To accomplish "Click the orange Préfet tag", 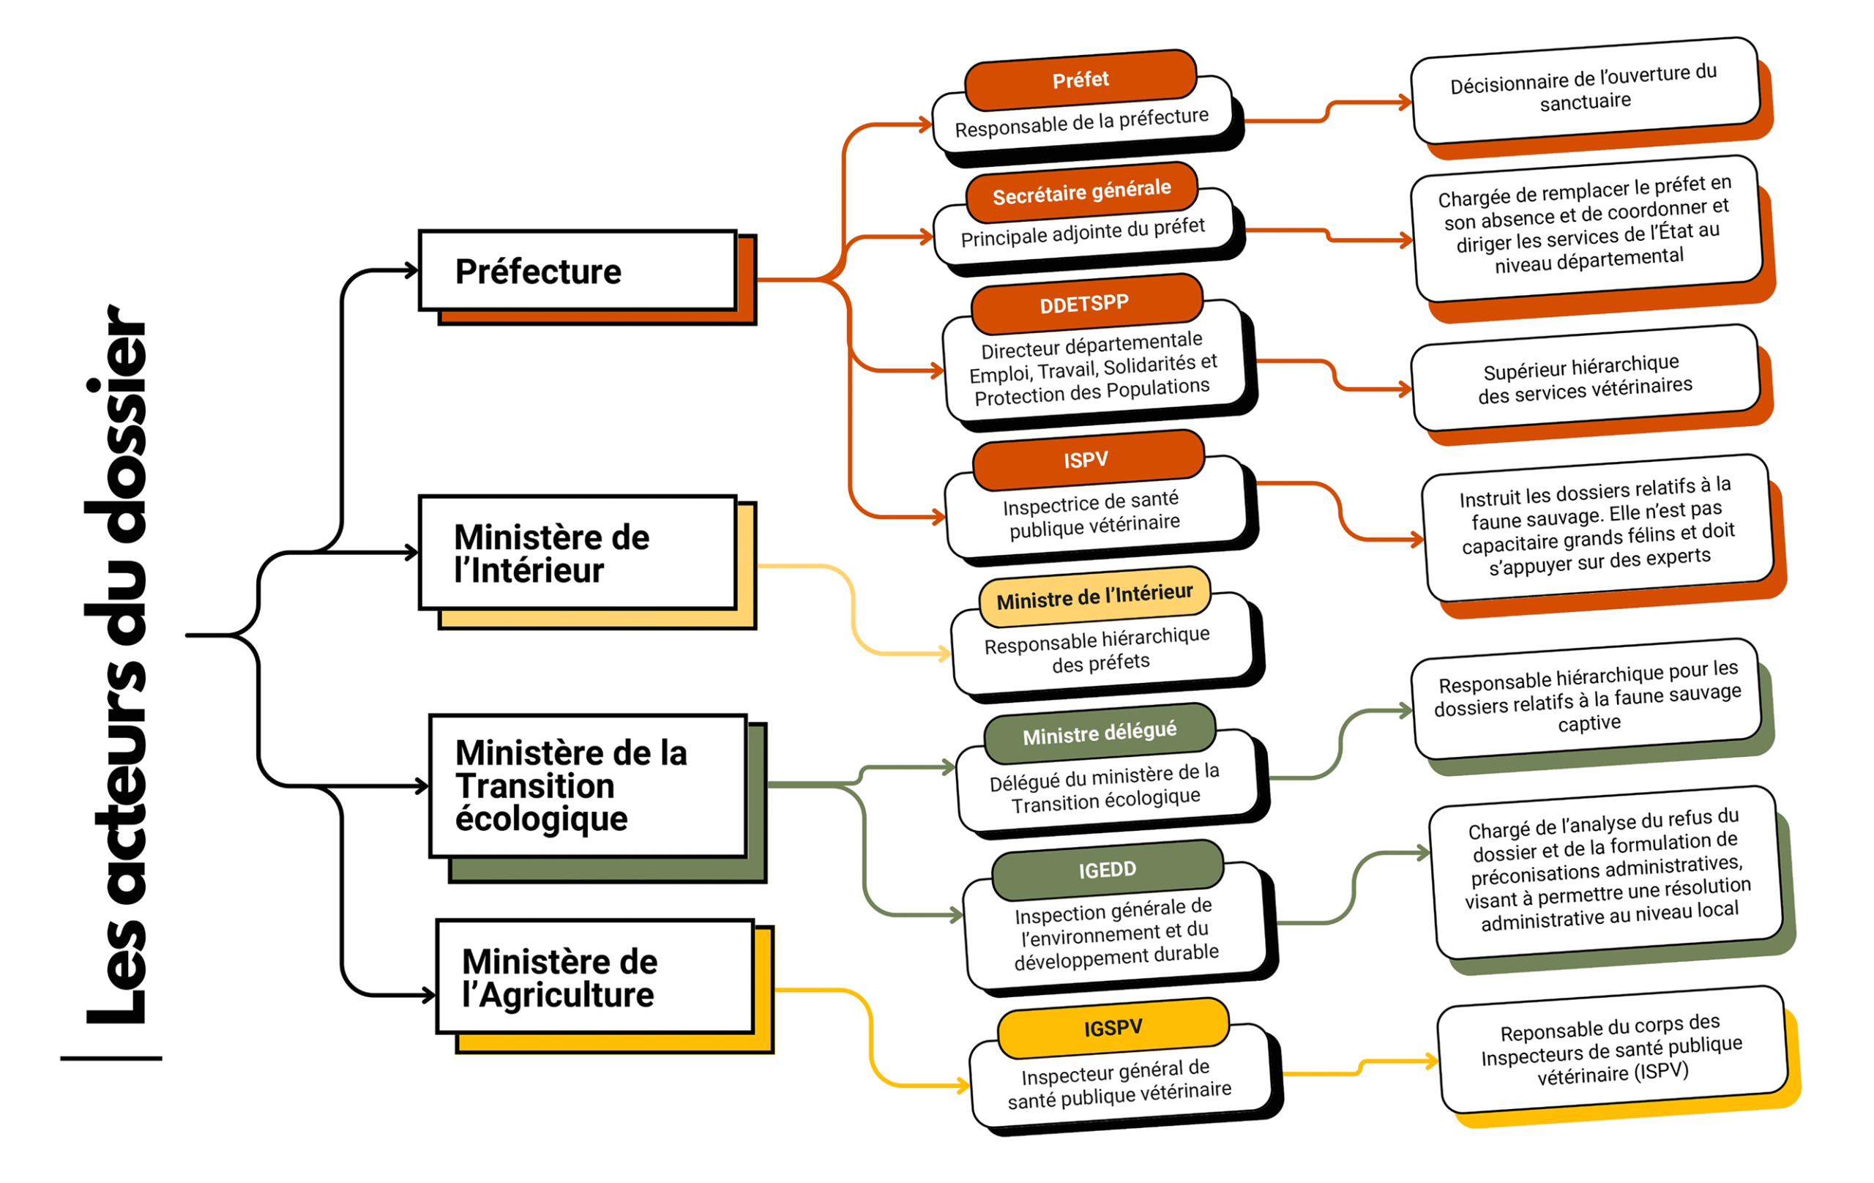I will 1080,79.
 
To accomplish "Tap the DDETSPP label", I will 1085,304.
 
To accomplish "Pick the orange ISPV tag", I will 1086,460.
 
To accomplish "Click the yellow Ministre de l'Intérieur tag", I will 1094,597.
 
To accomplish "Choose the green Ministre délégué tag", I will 1099,733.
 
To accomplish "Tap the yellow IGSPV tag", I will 1113,1028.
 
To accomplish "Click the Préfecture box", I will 578,271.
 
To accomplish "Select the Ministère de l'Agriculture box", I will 595,977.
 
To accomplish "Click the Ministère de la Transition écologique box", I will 588,786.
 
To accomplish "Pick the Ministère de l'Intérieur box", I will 578,553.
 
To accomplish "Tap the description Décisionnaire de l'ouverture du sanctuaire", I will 1585,89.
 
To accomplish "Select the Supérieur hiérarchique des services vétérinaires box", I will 1585,378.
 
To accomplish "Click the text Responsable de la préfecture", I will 1082,122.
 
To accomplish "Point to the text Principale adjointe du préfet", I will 1083,232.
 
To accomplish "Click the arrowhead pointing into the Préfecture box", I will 411,271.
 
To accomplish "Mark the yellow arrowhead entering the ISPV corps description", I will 1432,1060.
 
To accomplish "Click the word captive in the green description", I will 1589,723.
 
